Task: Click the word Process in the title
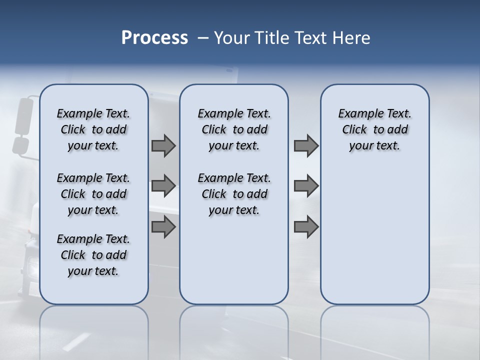(154, 38)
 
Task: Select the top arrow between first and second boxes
(163, 145)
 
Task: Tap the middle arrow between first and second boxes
(163, 186)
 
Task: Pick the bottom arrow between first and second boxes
(163, 227)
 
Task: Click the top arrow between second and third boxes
(306, 145)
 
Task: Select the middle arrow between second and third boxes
(306, 186)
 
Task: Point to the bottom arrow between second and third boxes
(306, 227)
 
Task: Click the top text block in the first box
(93, 129)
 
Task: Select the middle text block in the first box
(93, 194)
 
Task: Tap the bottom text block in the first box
(93, 255)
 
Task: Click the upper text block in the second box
(234, 129)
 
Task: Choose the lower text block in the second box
(234, 194)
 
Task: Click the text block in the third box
(374, 129)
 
